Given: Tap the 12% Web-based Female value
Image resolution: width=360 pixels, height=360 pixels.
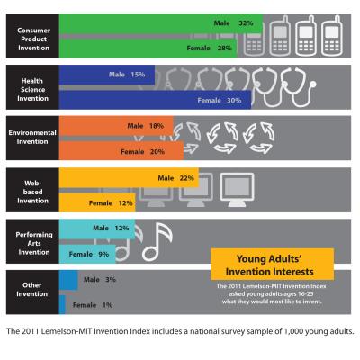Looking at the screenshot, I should (x=124, y=203).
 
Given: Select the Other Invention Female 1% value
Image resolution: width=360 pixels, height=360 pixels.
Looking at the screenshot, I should (x=106, y=306).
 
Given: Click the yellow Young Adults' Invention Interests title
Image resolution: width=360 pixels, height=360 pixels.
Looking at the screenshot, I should (x=272, y=264).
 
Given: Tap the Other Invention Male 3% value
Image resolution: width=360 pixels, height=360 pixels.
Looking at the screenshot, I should (x=110, y=280).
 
